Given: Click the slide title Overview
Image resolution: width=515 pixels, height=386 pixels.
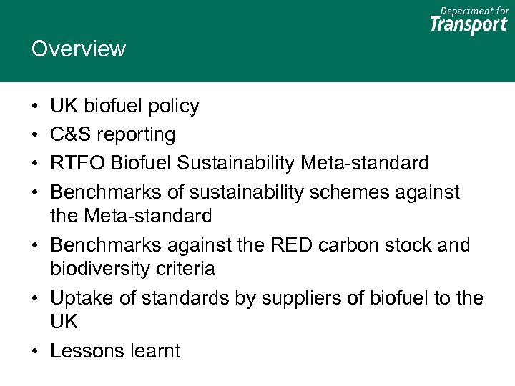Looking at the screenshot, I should (x=79, y=49).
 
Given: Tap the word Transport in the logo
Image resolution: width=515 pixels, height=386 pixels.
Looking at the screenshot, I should (x=469, y=25).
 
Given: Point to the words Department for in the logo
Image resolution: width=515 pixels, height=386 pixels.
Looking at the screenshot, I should (x=474, y=10).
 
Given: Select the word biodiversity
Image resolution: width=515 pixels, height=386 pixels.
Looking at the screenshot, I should (x=98, y=269).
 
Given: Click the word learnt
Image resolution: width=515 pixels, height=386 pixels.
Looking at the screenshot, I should (x=154, y=351).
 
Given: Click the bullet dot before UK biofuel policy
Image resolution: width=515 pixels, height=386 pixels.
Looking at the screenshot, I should (x=35, y=107).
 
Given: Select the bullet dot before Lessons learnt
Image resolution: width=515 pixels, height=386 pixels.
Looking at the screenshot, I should (x=35, y=352).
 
